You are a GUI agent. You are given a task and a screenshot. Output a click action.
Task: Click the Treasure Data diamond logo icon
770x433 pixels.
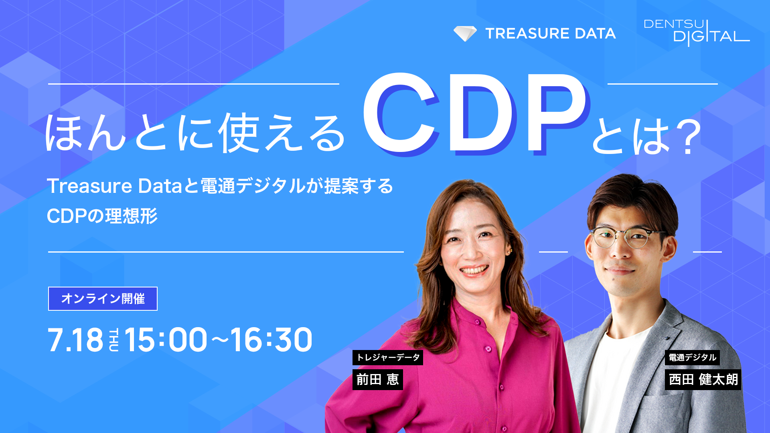tap(465, 34)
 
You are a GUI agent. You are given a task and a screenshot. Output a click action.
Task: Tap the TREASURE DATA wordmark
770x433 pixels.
tap(550, 34)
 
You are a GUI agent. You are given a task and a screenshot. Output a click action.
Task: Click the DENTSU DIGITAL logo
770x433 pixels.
tap(697, 32)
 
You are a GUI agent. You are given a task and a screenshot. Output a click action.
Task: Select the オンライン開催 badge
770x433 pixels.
tap(103, 299)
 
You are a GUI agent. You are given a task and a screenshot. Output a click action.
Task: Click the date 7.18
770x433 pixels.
tap(75, 340)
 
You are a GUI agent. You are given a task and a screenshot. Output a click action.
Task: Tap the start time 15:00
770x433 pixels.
tap(166, 340)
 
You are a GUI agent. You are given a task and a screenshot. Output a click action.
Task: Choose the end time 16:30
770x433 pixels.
tap(271, 340)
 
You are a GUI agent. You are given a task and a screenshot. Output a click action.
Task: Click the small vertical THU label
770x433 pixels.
tap(114, 340)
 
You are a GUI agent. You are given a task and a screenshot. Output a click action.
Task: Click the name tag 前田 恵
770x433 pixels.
tap(377, 379)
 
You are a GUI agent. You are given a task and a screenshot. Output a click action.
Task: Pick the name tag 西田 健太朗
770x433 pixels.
tap(703, 379)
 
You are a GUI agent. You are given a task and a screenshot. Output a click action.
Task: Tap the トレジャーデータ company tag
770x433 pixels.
tap(388, 357)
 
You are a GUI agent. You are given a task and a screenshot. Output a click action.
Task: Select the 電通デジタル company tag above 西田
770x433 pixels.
tap(692, 357)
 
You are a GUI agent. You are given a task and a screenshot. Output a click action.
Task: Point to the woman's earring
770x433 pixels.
tap(511, 252)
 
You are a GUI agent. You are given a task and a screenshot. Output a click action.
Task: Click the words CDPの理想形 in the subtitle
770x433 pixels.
tap(102, 216)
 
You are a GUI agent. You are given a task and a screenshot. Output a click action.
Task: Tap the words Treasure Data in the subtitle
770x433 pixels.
tap(115, 186)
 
